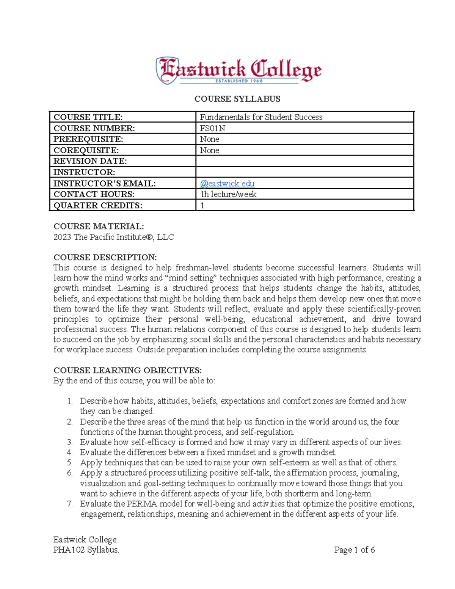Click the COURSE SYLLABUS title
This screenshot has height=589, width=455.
(237, 99)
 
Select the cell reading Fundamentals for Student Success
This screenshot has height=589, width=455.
(261, 117)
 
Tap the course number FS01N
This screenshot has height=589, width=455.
(212, 128)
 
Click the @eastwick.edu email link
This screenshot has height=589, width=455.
(227, 184)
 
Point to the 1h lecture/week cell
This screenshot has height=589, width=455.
(228, 195)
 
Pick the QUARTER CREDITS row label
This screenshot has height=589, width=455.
(98, 206)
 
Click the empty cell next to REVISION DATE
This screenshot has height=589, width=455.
(304, 161)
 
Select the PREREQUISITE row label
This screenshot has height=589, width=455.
(88, 139)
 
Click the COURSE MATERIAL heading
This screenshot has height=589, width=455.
(99, 226)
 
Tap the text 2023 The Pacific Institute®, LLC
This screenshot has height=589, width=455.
(113, 237)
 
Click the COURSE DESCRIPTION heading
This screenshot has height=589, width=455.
(105, 257)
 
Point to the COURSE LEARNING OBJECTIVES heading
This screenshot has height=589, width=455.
(127, 370)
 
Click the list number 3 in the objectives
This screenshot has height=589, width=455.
(69, 442)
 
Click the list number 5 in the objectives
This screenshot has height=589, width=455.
(69, 463)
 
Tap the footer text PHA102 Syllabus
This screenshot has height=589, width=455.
(86, 550)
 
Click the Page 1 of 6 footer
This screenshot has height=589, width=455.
(354, 550)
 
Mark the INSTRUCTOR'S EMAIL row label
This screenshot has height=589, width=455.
(104, 184)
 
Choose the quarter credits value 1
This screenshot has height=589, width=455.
(202, 206)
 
